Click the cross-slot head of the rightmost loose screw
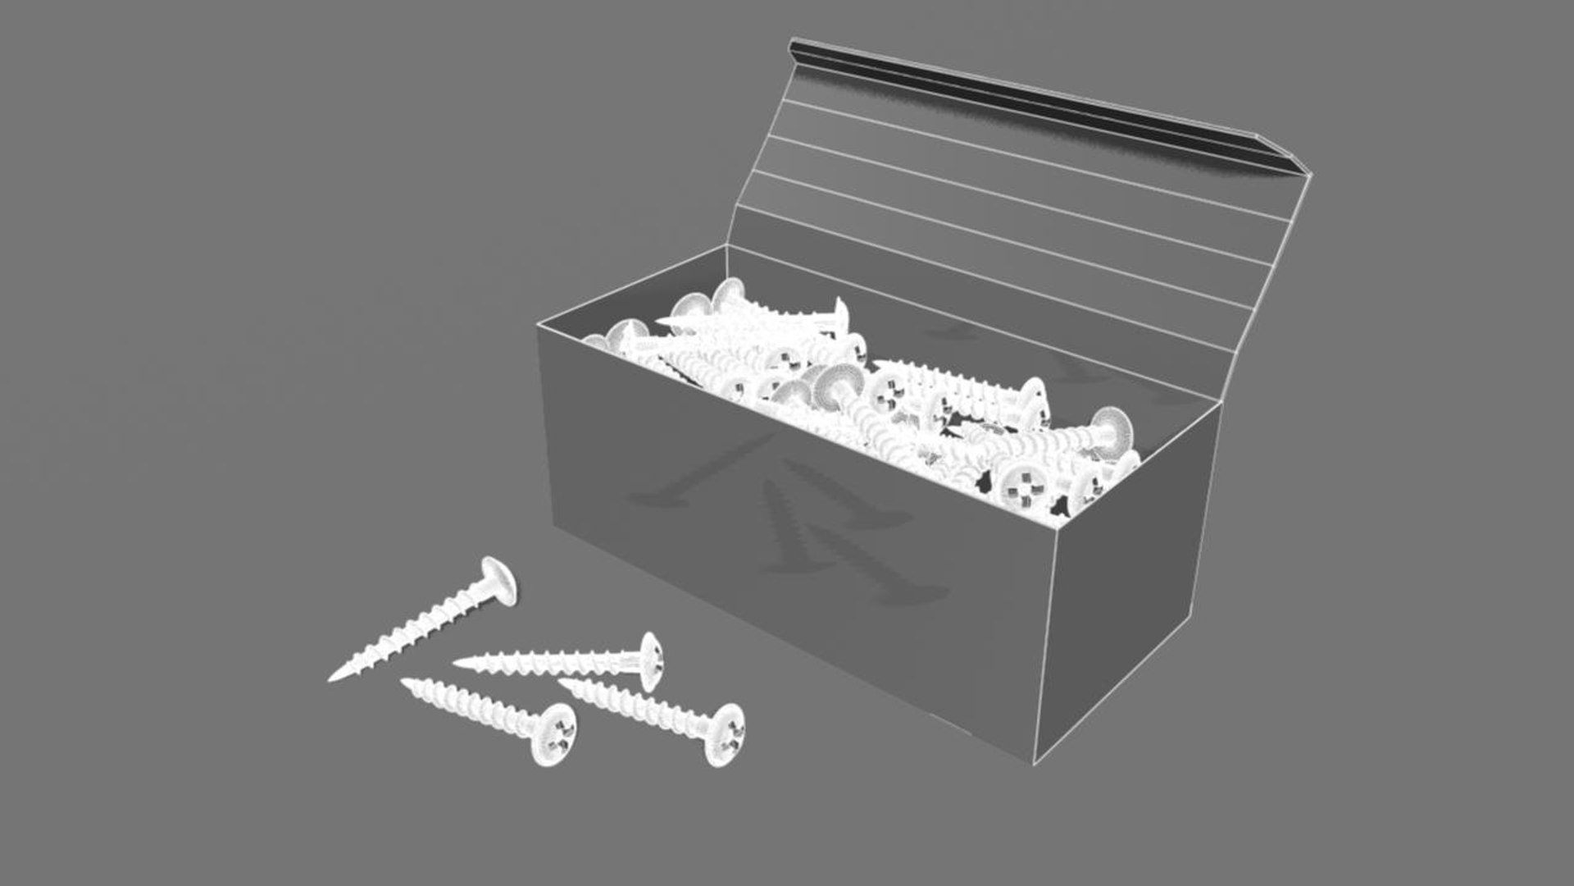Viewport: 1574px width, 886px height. [x=725, y=735]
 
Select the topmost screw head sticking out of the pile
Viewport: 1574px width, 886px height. [x=727, y=291]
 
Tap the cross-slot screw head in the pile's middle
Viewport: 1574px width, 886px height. [x=887, y=392]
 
